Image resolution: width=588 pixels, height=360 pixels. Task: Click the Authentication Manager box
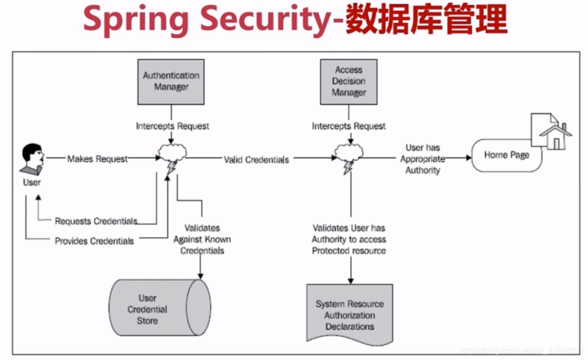(171, 81)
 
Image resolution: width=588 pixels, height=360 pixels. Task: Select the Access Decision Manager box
(348, 81)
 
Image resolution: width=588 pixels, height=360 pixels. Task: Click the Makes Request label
(98, 159)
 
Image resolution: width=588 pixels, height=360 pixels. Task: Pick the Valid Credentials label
(256, 159)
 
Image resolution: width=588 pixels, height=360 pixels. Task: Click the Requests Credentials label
(96, 221)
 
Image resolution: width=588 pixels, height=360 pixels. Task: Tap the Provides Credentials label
(95, 241)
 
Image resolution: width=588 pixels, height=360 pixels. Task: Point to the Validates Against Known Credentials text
(202, 239)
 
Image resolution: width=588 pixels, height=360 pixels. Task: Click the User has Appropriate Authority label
(423, 159)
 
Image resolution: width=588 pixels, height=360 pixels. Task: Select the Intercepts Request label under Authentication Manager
(172, 126)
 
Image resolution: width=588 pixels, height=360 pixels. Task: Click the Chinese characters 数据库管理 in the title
(426, 20)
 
